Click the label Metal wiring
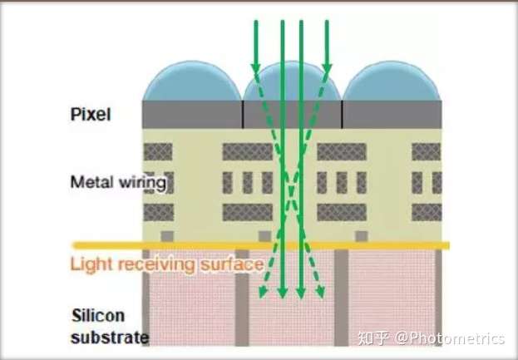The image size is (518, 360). pyautogui.click(x=106, y=180)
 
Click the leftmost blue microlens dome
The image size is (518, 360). pyautogui.click(x=191, y=84)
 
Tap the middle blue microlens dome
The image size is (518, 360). pyautogui.click(x=292, y=84)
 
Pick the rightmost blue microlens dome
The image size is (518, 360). pyautogui.click(x=392, y=84)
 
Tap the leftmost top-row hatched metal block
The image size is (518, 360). pyautogui.click(x=158, y=150)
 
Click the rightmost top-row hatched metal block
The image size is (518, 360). pyautogui.click(x=427, y=150)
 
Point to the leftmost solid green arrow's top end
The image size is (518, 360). pyautogui.click(x=256, y=22)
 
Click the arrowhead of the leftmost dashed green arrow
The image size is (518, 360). pyautogui.click(x=260, y=293)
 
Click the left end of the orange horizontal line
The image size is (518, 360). pyautogui.click(x=75, y=246)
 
